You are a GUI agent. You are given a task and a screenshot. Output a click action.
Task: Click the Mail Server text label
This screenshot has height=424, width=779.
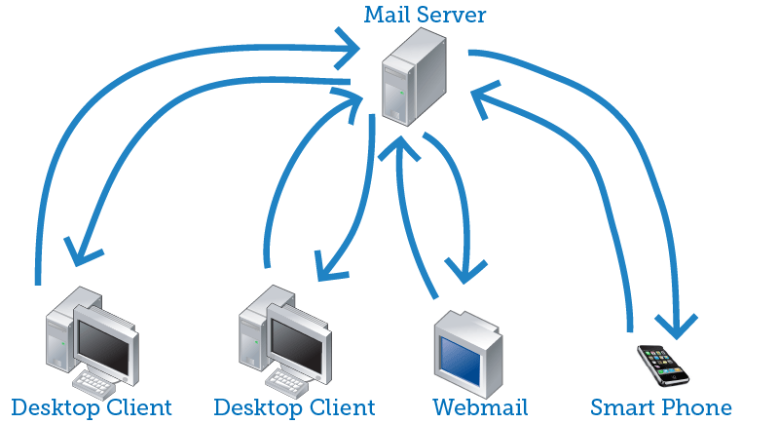pyautogui.click(x=424, y=15)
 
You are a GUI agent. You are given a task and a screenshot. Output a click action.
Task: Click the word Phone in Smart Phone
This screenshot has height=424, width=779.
pyautogui.click(x=698, y=406)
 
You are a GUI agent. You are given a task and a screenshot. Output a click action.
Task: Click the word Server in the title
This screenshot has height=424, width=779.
pyautogui.click(x=454, y=15)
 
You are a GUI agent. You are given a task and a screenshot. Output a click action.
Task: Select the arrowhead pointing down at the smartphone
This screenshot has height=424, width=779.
pyautogui.click(x=677, y=322)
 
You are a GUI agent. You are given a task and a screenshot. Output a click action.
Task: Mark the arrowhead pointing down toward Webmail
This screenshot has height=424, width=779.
pyautogui.click(x=464, y=265)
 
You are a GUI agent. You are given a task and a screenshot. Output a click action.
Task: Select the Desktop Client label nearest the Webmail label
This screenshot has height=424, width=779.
pyautogui.click(x=294, y=406)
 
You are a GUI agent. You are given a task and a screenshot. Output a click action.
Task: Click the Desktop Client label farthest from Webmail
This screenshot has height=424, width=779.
pyautogui.click(x=92, y=406)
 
